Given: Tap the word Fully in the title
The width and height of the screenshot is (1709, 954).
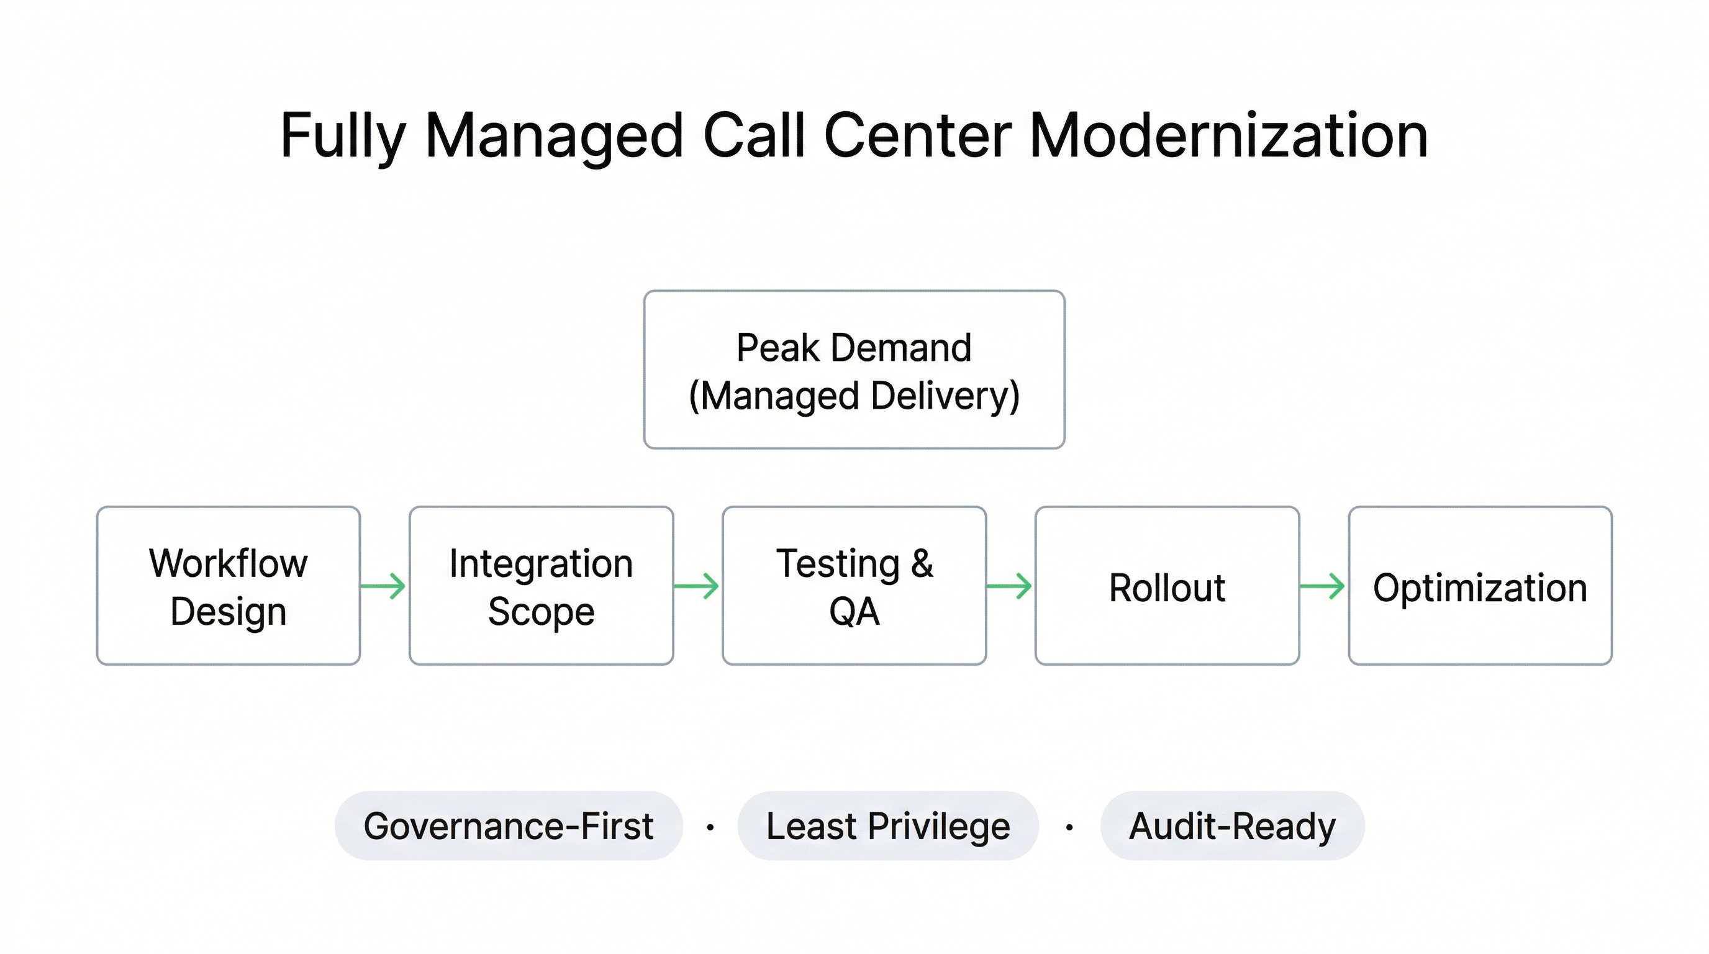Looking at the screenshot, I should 342,136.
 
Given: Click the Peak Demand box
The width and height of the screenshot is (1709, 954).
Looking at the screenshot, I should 854,370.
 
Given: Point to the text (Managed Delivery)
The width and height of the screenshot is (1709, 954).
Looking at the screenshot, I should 854,397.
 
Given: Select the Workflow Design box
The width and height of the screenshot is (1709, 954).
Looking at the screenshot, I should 229,586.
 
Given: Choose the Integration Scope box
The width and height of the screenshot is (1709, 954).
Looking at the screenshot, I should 542,586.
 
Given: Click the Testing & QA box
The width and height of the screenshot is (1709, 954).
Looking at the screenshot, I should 854,586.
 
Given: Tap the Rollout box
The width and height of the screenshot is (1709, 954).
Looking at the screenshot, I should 1167,586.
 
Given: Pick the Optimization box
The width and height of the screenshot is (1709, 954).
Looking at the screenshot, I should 1480,586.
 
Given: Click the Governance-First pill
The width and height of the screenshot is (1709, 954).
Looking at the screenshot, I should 508,826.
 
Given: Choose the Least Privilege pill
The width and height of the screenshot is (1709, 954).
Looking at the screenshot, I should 887,826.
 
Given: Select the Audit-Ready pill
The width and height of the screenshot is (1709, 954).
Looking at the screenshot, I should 1232,826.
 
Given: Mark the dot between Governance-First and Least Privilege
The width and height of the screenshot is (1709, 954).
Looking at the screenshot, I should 710,827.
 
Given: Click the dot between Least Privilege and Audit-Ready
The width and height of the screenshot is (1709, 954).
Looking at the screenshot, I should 1069,827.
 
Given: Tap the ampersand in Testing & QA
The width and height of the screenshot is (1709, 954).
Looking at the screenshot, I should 922,563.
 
